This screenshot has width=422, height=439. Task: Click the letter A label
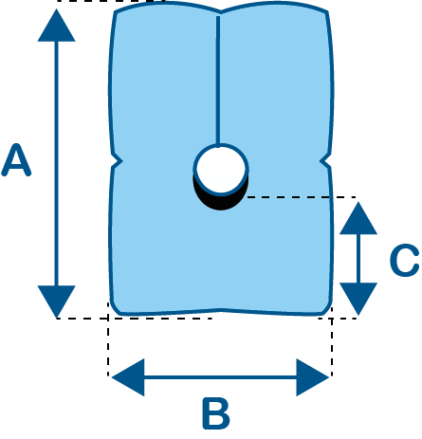[x=16, y=160]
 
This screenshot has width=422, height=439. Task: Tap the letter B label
[x=216, y=413]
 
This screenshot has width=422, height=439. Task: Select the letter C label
[x=404, y=260]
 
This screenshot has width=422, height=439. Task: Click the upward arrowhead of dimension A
[x=57, y=26]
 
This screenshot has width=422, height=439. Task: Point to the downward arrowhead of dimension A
[x=57, y=302]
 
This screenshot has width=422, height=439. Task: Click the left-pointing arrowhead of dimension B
[x=128, y=377]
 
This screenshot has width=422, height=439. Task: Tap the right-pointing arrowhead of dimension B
[x=313, y=377]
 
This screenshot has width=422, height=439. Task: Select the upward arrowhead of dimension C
[x=358, y=218]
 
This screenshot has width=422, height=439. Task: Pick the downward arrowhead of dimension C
[x=358, y=299]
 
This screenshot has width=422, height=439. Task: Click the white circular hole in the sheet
[x=221, y=170]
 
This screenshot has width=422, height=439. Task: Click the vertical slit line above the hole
[x=218, y=81]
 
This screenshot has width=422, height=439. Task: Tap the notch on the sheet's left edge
[x=118, y=162]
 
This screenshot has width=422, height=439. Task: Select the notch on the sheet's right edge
[x=325, y=161]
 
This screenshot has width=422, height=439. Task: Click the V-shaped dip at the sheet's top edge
[x=220, y=12]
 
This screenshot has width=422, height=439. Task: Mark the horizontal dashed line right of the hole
[x=302, y=197]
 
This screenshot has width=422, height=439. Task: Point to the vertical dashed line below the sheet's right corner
[x=331, y=347]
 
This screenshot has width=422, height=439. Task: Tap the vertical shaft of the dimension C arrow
[x=358, y=259]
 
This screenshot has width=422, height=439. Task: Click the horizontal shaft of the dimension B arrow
[x=220, y=377]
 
